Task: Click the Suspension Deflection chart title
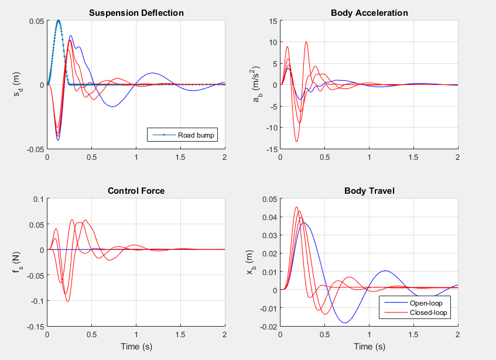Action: click(x=136, y=12)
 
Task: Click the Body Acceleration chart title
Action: click(x=369, y=12)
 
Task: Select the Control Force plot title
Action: click(x=136, y=190)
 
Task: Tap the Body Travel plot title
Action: click(x=369, y=190)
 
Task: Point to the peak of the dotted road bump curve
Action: click(x=59, y=20)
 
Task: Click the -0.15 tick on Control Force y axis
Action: click(x=35, y=327)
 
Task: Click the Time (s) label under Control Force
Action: click(x=136, y=347)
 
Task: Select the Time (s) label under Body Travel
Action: click(x=369, y=347)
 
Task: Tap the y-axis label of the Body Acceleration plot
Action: click(x=256, y=85)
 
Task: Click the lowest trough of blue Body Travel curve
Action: click(x=345, y=323)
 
